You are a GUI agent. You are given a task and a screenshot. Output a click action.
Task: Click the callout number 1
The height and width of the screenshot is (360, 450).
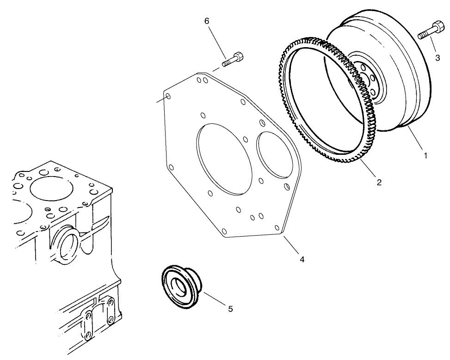[425, 156]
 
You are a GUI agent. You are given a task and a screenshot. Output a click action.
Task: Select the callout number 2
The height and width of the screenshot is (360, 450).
[379, 182]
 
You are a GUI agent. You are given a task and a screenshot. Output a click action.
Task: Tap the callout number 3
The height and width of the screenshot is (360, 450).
[437, 57]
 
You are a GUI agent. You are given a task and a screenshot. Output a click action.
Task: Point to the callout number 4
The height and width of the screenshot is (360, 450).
[302, 259]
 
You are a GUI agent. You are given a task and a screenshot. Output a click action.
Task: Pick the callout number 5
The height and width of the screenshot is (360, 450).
[230, 309]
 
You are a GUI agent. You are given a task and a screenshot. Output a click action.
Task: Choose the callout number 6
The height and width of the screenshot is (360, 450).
[207, 21]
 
